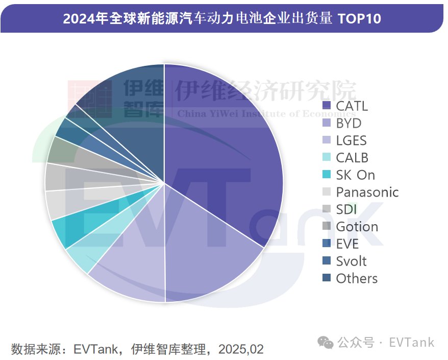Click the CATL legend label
pyautogui.click(x=352, y=106)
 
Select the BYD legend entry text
pyautogui.click(x=349, y=123)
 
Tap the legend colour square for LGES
pyautogui.click(x=327, y=140)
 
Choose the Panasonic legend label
pyautogui.click(x=367, y=192)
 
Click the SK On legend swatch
pyautogui.click(x=327, y=175)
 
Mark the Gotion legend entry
pyautogui.click(x=357, y=227)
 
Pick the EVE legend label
pyautogui.click(x=347, y=244)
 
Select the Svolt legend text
pyautogui.click(x=351, y=261)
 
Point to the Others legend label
pyautogui.click(x=356, y=278)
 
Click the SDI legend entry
pyautogui.click(x=346, y=209)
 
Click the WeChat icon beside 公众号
pyautogui.click(x=325, y=343)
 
